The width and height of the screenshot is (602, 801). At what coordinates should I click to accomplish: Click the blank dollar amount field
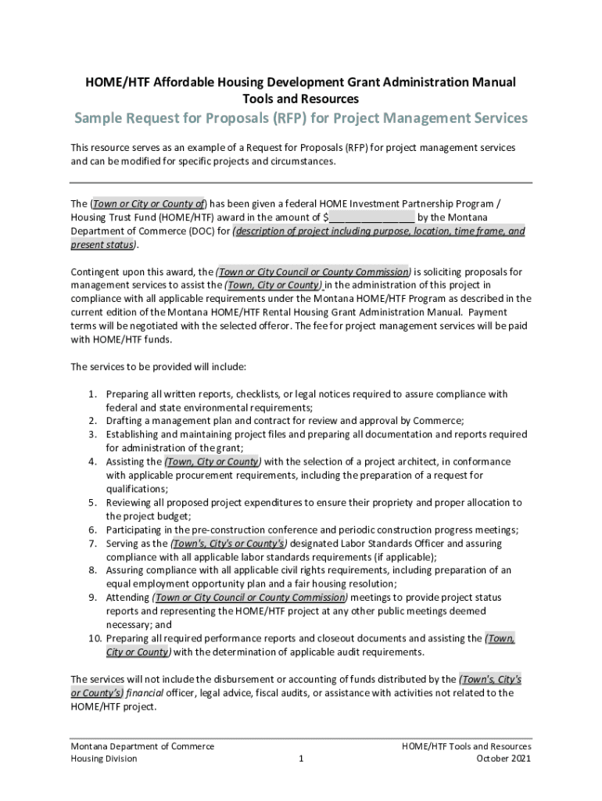point(371,217)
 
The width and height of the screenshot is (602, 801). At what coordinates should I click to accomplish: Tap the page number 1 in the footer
point(301,759)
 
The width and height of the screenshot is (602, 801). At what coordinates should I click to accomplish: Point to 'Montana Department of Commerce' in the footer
point(142,746)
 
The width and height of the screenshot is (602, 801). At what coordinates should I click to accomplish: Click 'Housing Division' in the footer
point(104,759)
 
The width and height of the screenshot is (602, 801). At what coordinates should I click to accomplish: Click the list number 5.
point(91,502)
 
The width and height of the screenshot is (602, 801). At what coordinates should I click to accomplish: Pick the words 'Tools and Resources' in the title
point(301,99)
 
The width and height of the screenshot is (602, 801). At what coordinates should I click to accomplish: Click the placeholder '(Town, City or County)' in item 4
point(213,462)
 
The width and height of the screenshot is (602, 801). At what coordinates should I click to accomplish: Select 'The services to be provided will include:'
point(159,366)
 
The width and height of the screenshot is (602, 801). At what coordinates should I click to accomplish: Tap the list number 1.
point(91,393)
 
